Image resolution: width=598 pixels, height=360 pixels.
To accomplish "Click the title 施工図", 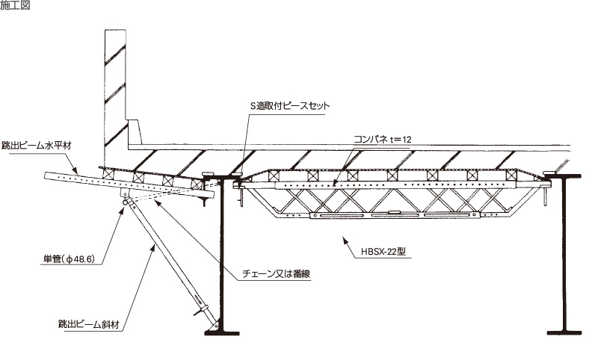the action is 15,5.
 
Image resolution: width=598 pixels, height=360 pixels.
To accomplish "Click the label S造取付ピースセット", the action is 290,106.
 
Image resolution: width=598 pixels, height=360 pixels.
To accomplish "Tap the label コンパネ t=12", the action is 383,140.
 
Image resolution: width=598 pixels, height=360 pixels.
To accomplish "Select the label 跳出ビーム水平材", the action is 36,146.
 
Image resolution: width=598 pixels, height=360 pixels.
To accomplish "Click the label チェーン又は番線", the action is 276,274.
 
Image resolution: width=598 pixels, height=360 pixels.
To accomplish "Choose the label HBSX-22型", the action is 383,252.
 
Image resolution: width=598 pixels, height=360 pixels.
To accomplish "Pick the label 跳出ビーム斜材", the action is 89,324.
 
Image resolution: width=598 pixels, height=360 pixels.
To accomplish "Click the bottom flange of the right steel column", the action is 564,332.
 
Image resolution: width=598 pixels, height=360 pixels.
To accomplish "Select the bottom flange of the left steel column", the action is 222,333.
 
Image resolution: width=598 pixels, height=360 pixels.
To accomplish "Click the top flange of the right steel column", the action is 563,176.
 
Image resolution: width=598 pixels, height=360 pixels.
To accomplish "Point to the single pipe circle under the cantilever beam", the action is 125,202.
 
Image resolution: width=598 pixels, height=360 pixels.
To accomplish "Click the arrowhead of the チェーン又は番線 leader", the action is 158,202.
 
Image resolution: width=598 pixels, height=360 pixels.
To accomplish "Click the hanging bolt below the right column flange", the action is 546,193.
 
